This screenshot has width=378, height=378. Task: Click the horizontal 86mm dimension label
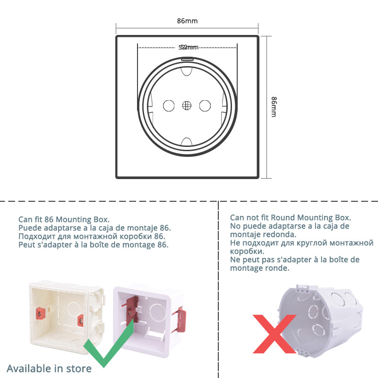tap(187, 21)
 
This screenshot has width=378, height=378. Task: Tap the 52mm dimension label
tap(189, 47)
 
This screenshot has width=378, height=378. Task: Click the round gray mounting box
tap(321, 321)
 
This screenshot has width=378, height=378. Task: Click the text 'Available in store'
tap(49, 368)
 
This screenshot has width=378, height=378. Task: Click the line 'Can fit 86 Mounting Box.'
tap(64, 219)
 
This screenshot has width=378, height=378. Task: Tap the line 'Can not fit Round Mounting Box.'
tap(291, 217)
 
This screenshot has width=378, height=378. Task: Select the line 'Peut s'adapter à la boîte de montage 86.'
tap(93, 245)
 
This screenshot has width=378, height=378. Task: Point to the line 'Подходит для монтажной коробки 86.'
tap(92, 236)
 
